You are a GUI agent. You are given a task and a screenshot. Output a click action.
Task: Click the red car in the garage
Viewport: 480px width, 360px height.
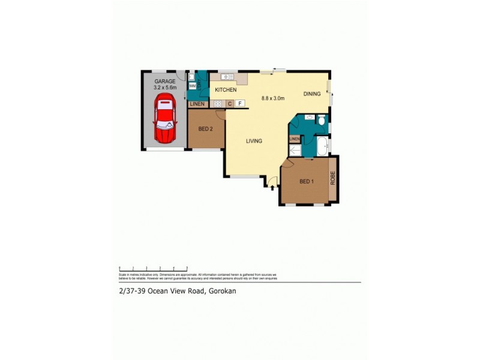[x=165, y=120]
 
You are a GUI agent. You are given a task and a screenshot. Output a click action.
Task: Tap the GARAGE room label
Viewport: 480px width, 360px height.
[x=164, y=81]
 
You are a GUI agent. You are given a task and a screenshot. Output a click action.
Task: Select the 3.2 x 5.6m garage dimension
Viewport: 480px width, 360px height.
[x=164, y=88]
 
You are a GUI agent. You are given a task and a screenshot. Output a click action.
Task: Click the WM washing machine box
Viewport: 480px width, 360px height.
[x=192, y=86]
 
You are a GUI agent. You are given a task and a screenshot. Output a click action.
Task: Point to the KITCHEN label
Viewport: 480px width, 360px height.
[x=227, y=90]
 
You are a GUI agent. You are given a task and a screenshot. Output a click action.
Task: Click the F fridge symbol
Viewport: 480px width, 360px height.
[x=240, y=104]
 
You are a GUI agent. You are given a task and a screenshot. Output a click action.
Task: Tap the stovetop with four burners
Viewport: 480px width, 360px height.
[x=218, y=104]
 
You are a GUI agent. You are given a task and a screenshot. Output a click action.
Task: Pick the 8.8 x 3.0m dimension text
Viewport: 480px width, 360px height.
[x=273, y=98]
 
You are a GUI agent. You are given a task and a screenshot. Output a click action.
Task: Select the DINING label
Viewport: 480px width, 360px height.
[x=312, y=94]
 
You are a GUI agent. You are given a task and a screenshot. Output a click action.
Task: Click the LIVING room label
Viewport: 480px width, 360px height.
[x=254, y=142]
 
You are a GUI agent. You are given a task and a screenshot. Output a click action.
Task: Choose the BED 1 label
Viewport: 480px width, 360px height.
[x=306, y=182]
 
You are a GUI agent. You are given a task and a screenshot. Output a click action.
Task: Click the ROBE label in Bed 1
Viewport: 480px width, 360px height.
[x=332, y=179]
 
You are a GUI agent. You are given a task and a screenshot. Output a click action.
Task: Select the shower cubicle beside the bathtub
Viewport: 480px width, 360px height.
[x=295, y=151]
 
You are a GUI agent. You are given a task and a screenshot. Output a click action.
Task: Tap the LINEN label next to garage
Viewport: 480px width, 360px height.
[x=197, y=104]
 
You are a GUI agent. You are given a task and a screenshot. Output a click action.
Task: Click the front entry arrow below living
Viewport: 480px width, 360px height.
[x=273, y=188]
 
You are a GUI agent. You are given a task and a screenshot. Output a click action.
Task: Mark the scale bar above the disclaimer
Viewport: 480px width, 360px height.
[x=154, y=268]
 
